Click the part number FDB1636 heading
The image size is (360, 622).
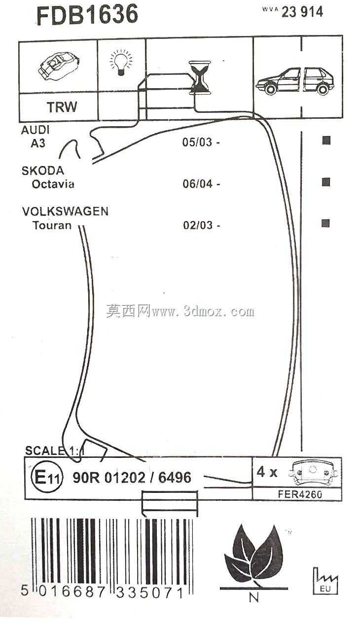coord(87,15)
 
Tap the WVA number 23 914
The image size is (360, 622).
coord(302,12)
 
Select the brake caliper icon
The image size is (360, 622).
coord(59,66)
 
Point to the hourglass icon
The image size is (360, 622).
coord(199,78)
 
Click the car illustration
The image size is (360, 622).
coord(295,81)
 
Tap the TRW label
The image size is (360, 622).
coord(62,107)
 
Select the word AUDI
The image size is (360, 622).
coord(36,130)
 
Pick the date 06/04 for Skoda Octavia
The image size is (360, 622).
coord(201,183)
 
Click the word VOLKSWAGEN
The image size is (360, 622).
coord(65,211)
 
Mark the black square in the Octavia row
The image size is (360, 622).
coord(326,182)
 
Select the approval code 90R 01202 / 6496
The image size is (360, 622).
coord(132,478)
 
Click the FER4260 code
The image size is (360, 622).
coord(300,494)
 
